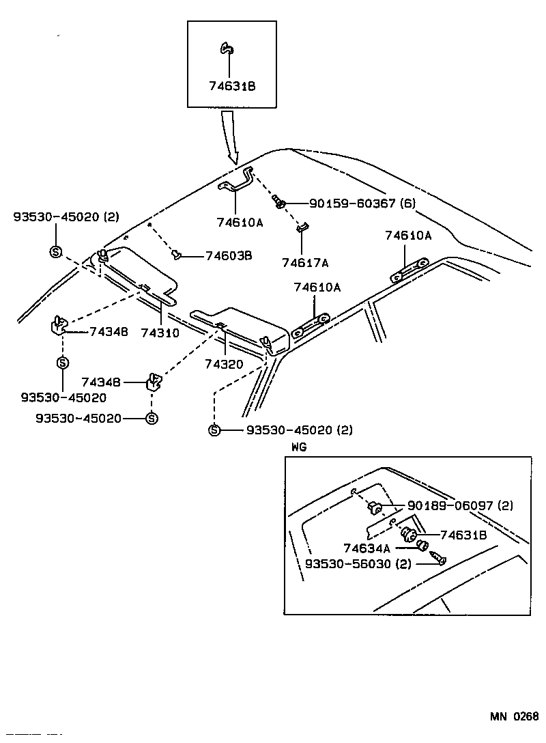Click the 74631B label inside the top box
tap(232, 87)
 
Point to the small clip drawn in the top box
tap(227, 48)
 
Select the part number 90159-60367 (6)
tap(362, 204)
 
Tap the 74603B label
tap(229, 255)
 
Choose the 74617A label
tap(305, 262)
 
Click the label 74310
tap(160, 333)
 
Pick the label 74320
tap(223, 364)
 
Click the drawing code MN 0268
tap(513, 716)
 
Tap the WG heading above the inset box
tap(299, 447)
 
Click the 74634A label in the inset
tap(367, 548)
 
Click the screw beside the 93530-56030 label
tap(439, 560)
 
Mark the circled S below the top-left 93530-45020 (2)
tap(55, 252)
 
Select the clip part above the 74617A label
tap(303, 227)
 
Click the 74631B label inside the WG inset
tap(463, 535)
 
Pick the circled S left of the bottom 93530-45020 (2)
tap(214, 430)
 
